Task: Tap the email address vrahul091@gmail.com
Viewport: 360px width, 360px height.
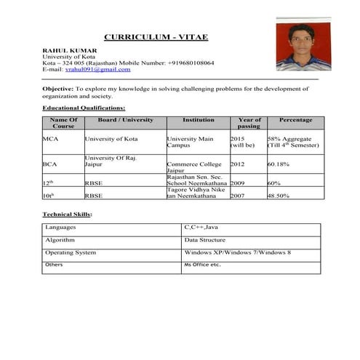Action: point(97,69)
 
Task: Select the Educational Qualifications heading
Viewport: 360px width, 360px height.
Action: point(84,108)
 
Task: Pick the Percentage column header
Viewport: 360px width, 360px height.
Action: point(295,120)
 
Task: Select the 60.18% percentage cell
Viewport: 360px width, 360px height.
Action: point(279,164)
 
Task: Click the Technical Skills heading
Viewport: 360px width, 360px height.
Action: point(67,215)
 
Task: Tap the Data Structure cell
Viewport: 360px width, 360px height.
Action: point(204,240)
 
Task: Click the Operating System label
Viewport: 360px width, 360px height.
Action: point(71,252)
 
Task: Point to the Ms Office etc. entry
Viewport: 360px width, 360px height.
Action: point(202,265)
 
